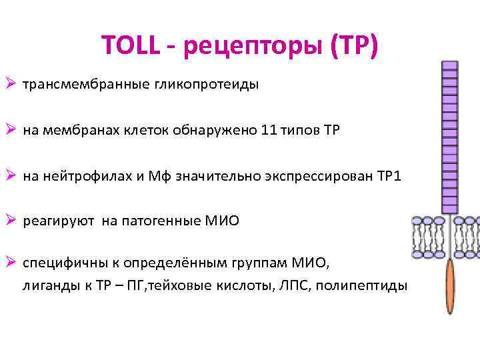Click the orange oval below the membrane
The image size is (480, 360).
(x=451, y=286)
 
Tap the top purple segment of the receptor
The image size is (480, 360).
(x=451, y=66)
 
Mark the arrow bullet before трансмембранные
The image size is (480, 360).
(x=10, y=85)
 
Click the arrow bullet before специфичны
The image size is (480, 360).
(x=10, y=263)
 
